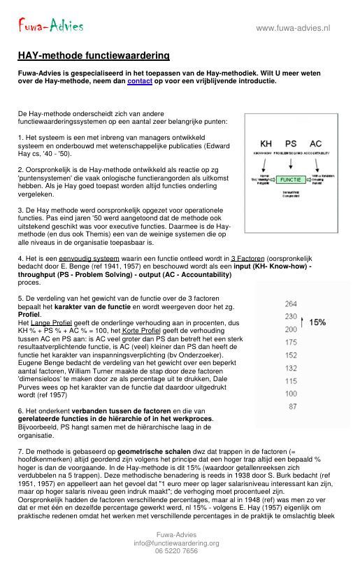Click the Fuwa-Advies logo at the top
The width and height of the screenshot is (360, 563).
[x=50, y=26]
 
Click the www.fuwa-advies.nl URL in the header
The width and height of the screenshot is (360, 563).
[x=293, y=28]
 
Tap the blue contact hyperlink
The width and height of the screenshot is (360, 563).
[x=139, y=80]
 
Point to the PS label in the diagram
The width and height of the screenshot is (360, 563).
[x=290, y=143]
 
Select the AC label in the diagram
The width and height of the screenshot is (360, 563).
[x=316, y=143]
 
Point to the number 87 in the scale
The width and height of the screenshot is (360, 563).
[x=292, y=406]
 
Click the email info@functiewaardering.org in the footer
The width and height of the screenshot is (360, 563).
[x=176, y=543]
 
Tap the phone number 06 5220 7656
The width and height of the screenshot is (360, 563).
[x=176, y=551]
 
